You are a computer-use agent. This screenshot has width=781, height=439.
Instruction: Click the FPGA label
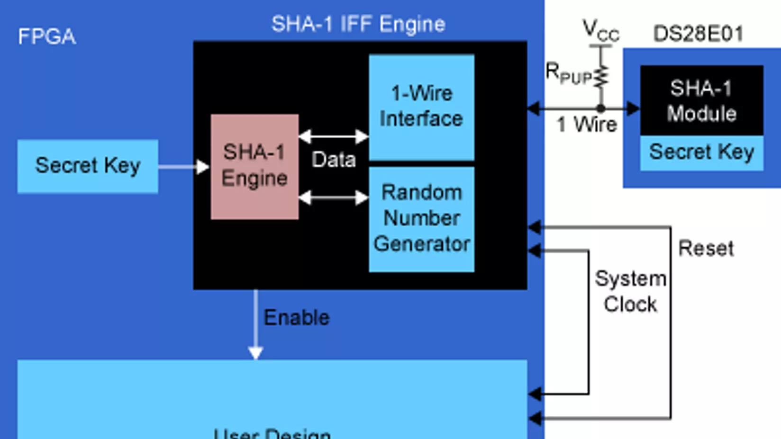(x=46, y=36)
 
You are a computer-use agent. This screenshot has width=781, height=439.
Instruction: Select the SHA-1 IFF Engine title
(x=358, y=24)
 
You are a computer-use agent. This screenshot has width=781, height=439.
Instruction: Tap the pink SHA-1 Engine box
(x=254, y=166)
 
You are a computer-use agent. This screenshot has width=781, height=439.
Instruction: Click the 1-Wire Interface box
(x=421, y=107)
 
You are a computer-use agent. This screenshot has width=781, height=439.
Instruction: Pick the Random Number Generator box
(x=421, y=219)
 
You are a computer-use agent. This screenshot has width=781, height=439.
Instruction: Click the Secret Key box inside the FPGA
(x=88, y=166)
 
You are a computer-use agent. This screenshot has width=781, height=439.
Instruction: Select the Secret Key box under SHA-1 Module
(x=701, y=152)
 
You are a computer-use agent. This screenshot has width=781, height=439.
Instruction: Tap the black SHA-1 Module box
(x=701, y=100)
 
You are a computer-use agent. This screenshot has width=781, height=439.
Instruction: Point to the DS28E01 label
(x=698, y=34)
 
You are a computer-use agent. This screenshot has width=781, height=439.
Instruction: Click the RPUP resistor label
(x=568, y=73)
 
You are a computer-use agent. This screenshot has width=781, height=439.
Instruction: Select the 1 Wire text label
(x=587, y=125)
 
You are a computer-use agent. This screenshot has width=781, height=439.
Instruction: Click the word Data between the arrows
(x=334, y=160)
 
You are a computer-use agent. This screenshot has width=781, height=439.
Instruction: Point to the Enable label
(x=296, y=317)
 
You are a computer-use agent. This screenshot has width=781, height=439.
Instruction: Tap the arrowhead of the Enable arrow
(x=256, y=353)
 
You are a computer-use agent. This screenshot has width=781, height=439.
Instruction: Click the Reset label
(x=706, y=248)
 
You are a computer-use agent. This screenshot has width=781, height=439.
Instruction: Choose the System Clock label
(x=630, y=291)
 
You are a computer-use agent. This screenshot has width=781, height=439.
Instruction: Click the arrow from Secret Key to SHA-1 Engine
(x=183, y=167)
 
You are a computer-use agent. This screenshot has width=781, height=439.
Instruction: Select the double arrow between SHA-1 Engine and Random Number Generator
(x=334, y=197)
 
